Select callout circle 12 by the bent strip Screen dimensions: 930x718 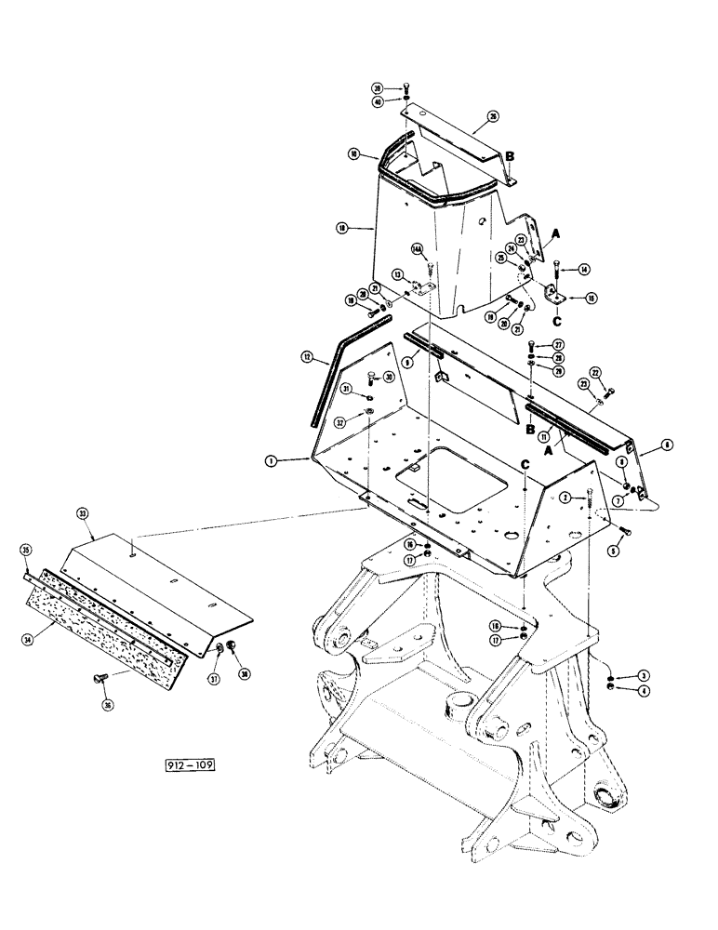[x=308, y=355]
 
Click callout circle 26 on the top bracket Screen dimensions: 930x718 [x=493, y=118]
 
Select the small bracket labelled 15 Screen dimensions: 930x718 [x=552, y=296]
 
